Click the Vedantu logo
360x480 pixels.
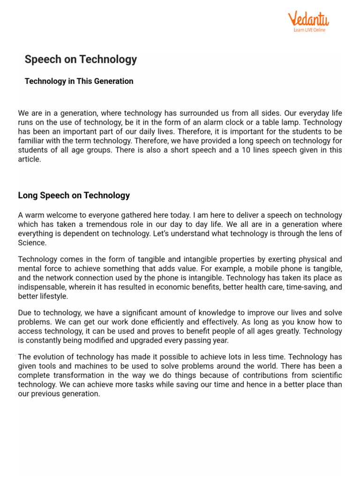[x=308, y=19]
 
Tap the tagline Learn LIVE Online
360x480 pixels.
[x=309, y=30]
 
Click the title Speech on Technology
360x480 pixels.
[x=81, y=59]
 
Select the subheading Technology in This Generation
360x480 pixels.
[x=79, y=81]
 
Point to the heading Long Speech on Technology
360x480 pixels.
[x=74, y=195]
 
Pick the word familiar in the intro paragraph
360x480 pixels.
[x=31, y=141]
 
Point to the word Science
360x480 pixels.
[x=32, y=243]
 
